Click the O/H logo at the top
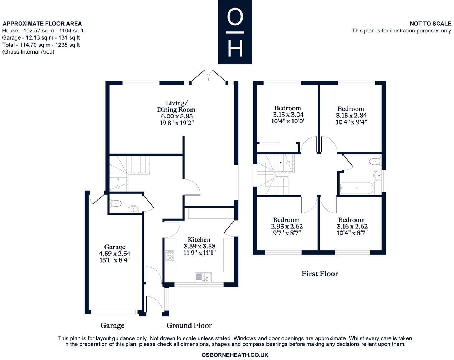click(235, 32)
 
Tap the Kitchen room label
click(199, 240)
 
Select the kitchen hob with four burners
click(170, 255)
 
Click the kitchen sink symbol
click(203, 277)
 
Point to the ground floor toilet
click(116, 204)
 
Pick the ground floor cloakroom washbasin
click(133, 208)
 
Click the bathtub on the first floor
click(356, 188)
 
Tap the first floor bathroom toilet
click(374, 162)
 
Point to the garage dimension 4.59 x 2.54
click(114, 254)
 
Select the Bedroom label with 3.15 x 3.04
click(287, 108)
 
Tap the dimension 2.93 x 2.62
click(287, 227)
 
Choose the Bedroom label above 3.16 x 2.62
click(351, 220)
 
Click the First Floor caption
click(320, 274)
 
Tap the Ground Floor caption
click(189, 325)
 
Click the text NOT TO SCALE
click(430, 24)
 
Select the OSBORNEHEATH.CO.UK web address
click(235, 355)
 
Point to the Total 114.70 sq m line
click(41, 45)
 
